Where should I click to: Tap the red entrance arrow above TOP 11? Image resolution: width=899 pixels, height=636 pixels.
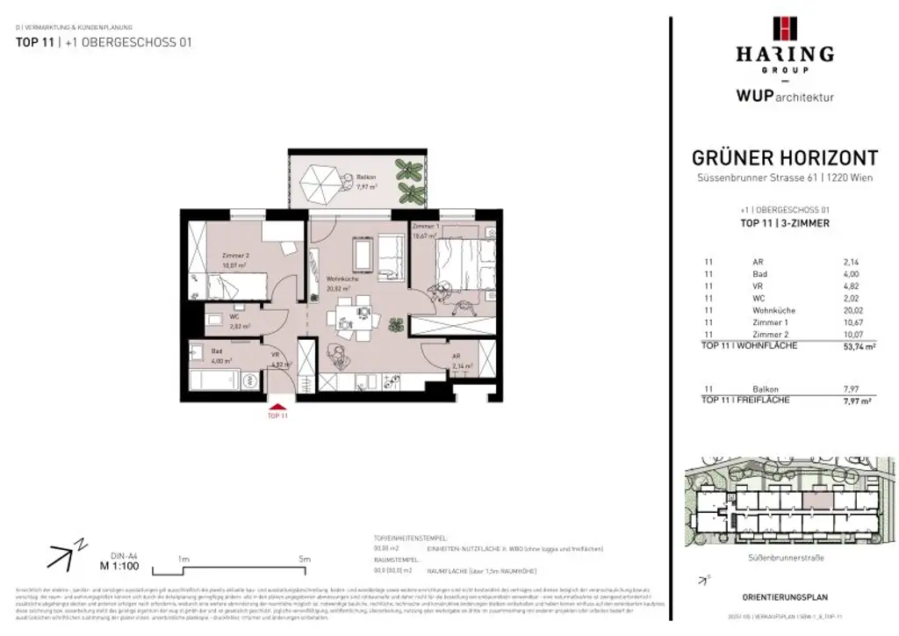point(277,405)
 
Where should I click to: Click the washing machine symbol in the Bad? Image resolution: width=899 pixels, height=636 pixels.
point(250,381)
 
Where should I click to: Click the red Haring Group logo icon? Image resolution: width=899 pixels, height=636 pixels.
point(784,29)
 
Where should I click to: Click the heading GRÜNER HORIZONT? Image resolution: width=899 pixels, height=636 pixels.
point(785,158)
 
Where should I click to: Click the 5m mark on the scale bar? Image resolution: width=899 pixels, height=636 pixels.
point(305,559)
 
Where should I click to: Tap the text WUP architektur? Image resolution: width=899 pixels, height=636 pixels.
point(785,97)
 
